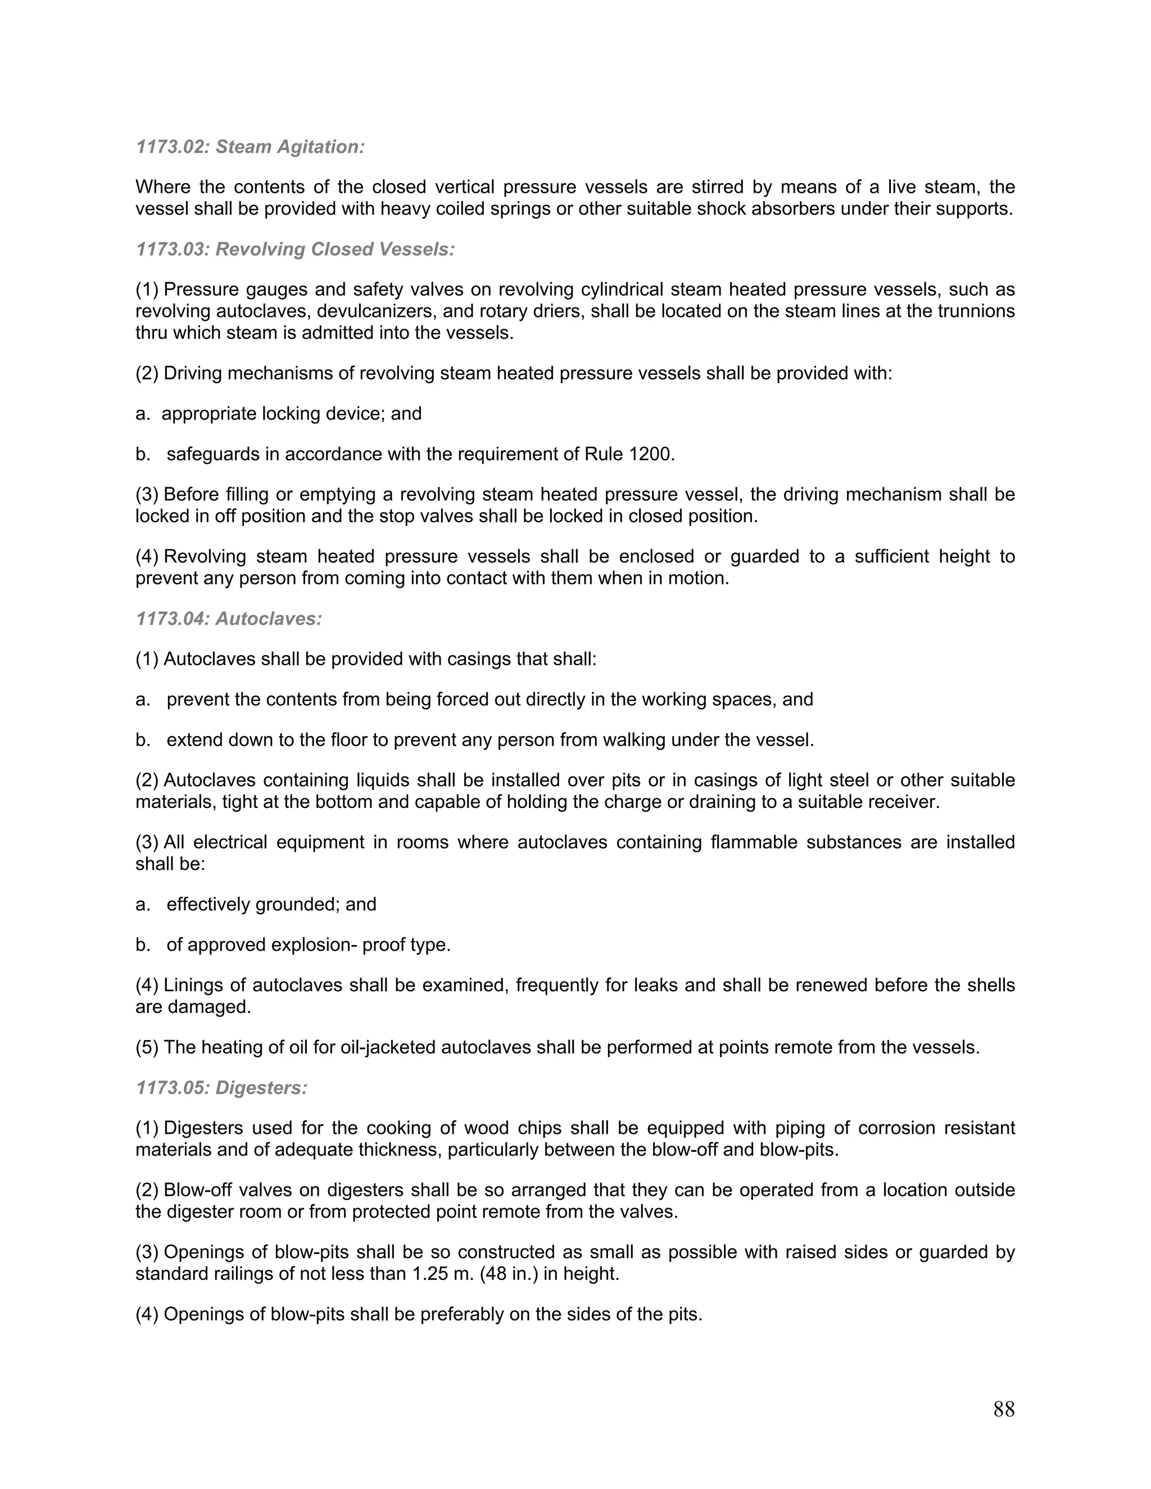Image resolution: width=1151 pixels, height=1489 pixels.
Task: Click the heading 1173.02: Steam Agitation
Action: pos(250,147)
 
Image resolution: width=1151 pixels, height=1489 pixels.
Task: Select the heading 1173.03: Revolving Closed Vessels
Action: pos(295,249)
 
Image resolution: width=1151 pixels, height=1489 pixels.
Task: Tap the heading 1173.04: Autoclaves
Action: pos(229,619)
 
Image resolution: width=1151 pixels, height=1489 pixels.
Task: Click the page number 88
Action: pos(1004,1409)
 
